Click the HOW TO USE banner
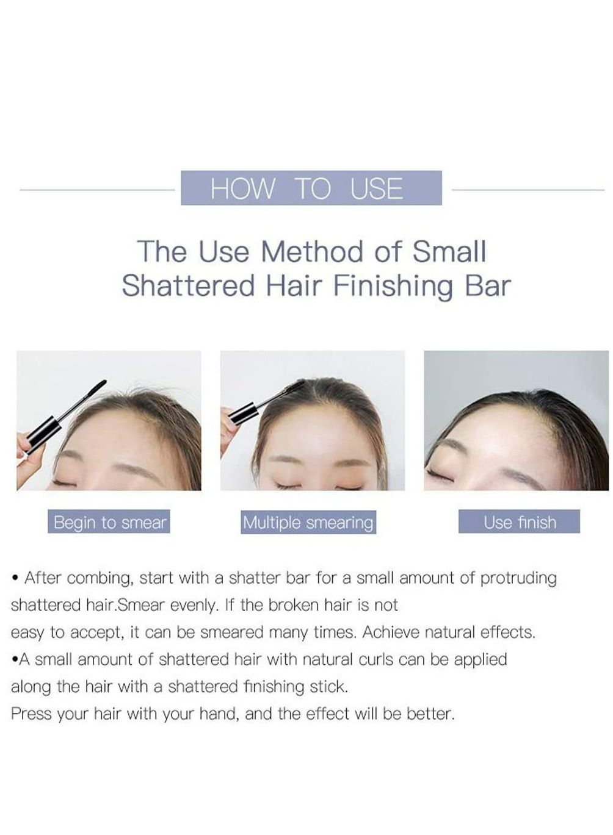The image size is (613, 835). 311,188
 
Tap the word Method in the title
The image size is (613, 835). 312,252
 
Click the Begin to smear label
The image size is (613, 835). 109,522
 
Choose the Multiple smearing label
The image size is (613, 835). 308,523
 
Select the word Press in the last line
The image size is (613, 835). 31,714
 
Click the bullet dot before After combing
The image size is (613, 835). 15,579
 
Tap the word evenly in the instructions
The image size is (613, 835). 194,606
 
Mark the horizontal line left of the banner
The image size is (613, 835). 97,190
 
